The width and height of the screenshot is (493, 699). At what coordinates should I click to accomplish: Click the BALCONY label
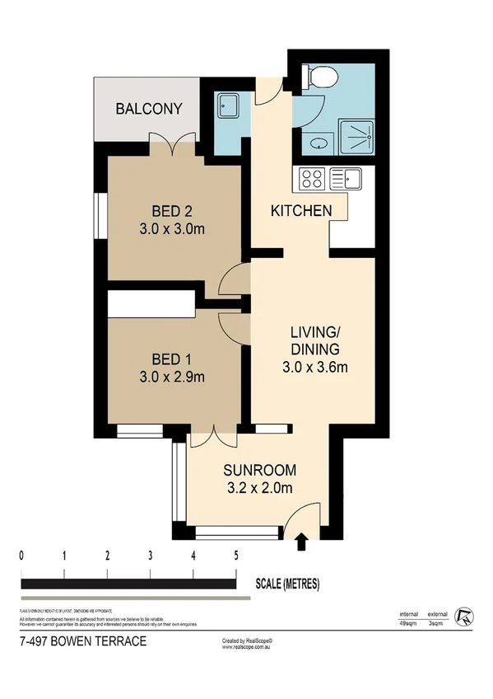(148, 109)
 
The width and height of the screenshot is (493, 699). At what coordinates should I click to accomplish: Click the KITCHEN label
(301, 211)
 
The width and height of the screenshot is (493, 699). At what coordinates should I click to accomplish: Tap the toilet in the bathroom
(323, 76)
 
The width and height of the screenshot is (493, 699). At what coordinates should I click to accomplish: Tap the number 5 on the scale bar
(236, 555)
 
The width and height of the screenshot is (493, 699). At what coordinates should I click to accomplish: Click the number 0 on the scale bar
(21, 555)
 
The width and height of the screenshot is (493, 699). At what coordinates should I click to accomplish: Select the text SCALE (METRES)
(287, 584)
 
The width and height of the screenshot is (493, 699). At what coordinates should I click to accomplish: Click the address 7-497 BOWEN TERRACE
(82, 641)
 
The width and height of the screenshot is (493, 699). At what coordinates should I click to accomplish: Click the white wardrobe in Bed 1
(150, 303)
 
